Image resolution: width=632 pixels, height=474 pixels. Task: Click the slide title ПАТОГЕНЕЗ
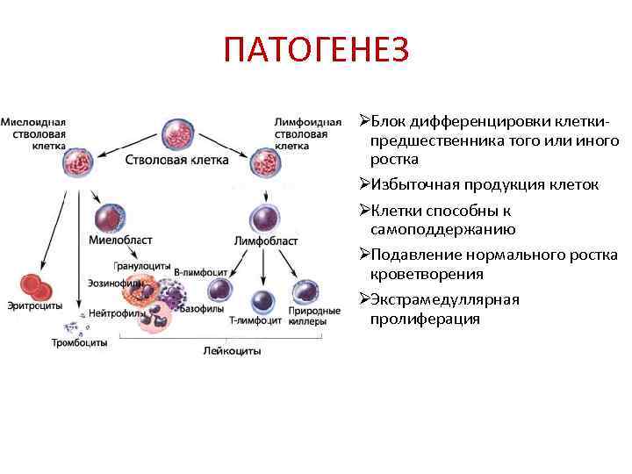click(316, 51)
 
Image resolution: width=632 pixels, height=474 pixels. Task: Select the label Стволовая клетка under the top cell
click(177, 161)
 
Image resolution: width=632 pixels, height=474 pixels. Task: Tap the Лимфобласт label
click(266, 241)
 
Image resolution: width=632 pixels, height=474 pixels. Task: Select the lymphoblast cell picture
click(264, 217)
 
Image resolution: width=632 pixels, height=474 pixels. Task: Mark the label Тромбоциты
click(79, 342)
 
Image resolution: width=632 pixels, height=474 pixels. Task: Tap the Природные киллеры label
click(314, 316)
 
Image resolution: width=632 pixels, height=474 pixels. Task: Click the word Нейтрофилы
click(111, 312)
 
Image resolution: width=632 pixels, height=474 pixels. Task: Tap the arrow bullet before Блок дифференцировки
click(364, 119)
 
